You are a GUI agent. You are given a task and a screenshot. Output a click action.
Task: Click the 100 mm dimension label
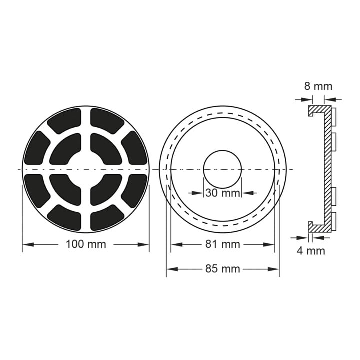pyautogui.click(x=86, y=244)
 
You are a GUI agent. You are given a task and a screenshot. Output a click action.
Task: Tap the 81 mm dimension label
pyautogui.click(x=222, y=244)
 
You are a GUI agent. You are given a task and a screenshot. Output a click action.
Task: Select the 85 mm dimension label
pyautogui.click(x=222, y=269)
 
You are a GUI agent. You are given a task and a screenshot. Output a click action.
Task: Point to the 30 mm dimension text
pyautogui.click(x=222, y=193)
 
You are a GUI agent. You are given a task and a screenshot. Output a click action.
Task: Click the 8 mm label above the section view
pyautogui.click(x=318, y=87)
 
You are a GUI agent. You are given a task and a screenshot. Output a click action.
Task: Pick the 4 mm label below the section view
pyautogui.click(x=311, y=251)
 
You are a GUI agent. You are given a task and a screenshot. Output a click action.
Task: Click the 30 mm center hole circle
pyautogui.click(x=222, y=151)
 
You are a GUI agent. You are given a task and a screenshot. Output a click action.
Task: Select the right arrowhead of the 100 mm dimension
pyautogui.click(x=143, y=244)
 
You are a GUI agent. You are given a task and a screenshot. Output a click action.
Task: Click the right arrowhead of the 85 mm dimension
pyautogui.click(x=273, y=269)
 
